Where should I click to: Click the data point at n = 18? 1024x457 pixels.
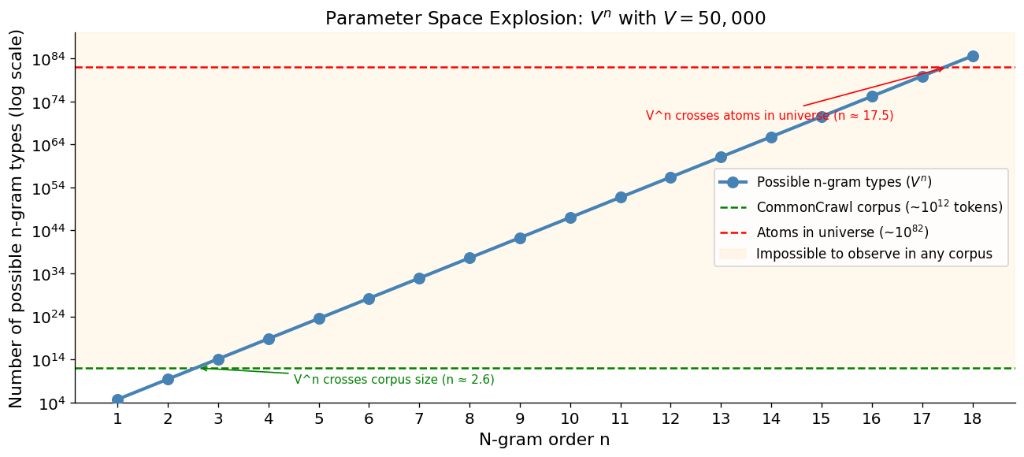pyautogui.click(x=973, y=56)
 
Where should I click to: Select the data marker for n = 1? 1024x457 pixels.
pyautogui.click(x=117, y=399)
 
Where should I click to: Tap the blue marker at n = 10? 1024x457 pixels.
pyautogui.click(x=570, y=217)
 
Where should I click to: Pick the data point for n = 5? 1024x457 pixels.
pyautogui.click(x=319, y=319)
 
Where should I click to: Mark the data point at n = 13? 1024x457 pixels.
pyautogui.click(x=721, y=158)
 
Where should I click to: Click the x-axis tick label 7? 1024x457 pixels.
pyautogui.click(x=419, y=418)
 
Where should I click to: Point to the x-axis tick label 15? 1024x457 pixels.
pyautogui.click(x=822, y=418)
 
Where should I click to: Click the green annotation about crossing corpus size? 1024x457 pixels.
pyautogui.click(x=394, y=380)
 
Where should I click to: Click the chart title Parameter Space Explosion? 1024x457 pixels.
pyautogui.click(x=545, y=18)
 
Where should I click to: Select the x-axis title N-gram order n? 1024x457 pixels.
pyautogui.click(x=544, y=440)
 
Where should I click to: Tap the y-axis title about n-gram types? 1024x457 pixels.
pyautogui.click(x=15, y=219)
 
